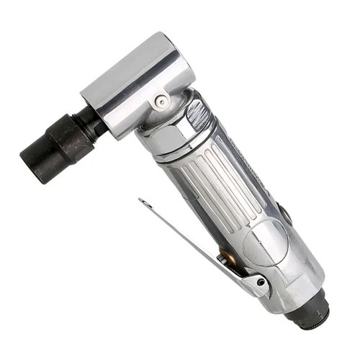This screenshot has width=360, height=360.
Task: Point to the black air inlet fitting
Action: pyautogui.click(x=310, y=312)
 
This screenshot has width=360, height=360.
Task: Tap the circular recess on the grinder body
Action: pyautogui.click(x=262, y=240)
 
